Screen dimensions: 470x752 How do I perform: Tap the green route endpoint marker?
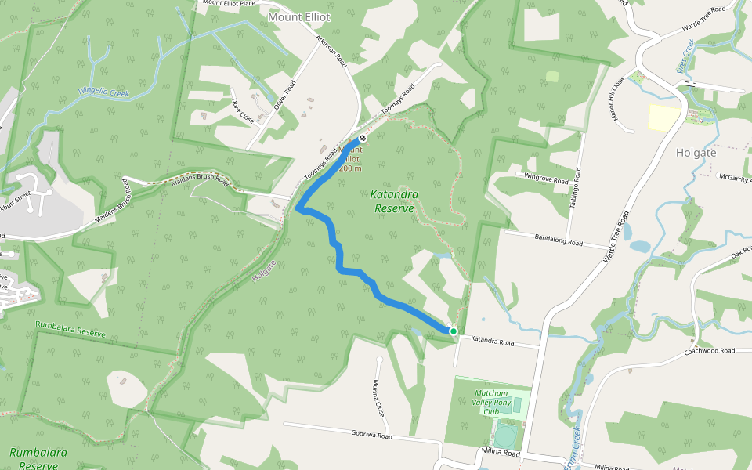point(453,331)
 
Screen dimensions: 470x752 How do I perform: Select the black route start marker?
point(362,139)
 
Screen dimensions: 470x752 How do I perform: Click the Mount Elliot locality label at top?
point(298,16)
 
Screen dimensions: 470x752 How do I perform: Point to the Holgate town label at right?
point(696,154)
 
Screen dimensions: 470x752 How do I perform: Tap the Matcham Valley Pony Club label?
point(491,402)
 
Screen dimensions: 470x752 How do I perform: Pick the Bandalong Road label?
point(559,241)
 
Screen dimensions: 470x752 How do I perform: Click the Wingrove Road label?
point(546,179)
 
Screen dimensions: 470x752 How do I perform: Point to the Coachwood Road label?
point(709,351)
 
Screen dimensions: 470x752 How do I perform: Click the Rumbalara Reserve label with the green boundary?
point(70,334)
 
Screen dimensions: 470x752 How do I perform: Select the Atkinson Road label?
point(331,54)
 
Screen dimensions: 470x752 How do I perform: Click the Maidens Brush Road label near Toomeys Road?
point(199,183)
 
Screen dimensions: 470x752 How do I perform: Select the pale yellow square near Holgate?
point(664,117)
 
